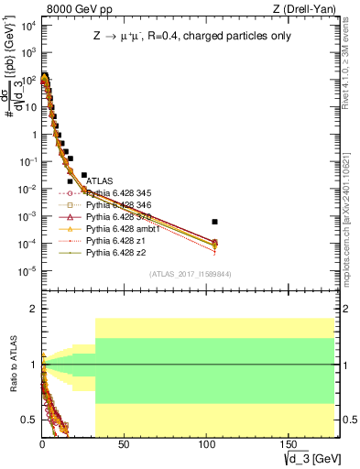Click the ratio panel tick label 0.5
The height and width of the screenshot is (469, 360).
pos(27,420)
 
